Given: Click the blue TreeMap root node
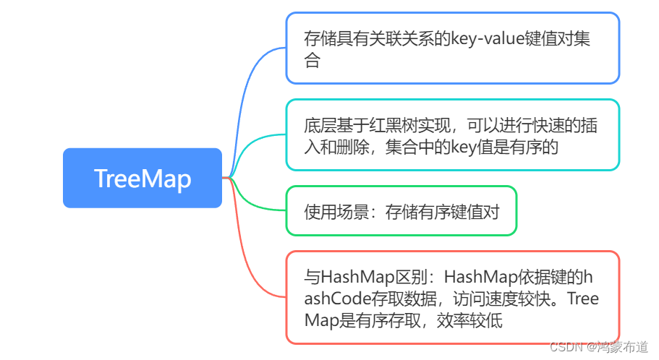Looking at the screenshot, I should click(x=142, y=178).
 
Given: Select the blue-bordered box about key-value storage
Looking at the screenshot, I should click(x=452, y=48).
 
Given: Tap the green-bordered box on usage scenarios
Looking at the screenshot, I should click(x=401, y=211).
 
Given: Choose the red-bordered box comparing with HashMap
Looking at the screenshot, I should click(x=452, y=297).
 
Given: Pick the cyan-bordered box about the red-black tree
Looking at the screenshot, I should click(x=452, y=134).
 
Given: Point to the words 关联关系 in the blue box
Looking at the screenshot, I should click(x=397, y=38).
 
